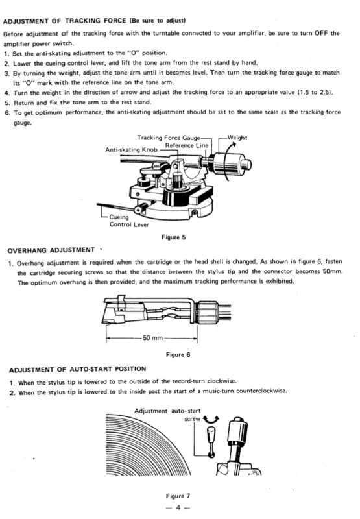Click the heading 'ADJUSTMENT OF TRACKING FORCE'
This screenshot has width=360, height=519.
pos(64,21)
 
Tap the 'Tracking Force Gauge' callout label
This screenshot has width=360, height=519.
pos(169,138)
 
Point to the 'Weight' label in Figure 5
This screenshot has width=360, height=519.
pos(237,138)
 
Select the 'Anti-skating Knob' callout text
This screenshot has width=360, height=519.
pos(132,150)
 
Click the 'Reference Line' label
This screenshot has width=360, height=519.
pos(187,145)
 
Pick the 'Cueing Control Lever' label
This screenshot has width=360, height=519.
pos(129,221)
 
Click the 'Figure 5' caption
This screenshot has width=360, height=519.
pos(174,237)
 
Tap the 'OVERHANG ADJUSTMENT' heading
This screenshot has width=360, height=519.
pos(51,250)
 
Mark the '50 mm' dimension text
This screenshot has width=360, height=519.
pos(153,338)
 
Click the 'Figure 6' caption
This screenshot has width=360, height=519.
pos(178,354)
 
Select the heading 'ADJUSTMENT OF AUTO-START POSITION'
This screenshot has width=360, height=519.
pos(77,369)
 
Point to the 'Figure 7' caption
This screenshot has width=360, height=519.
pos(178,496)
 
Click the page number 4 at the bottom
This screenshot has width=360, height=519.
pos(178,507)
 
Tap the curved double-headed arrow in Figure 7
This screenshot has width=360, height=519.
pos(211,420)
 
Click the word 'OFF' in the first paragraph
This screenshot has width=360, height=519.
pos(321,33)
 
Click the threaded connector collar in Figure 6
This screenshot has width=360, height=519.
pos(206,312)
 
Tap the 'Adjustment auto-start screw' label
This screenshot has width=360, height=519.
pos(167,415)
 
